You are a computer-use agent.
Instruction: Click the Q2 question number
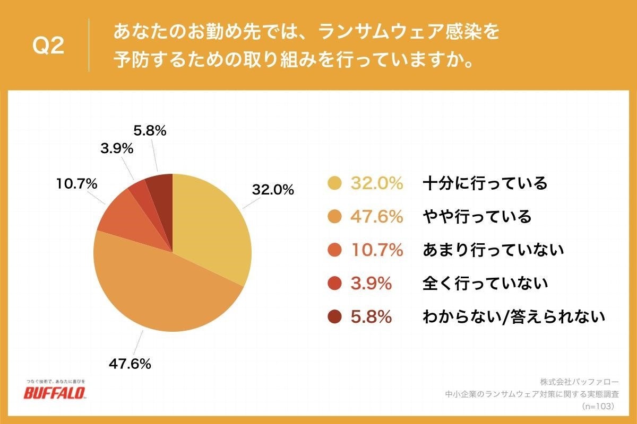tap(48, 47)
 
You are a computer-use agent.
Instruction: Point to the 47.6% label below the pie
tap(130, 364)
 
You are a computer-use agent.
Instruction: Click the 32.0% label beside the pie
tap(272, 190)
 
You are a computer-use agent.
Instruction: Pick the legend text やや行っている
tap(476, 217)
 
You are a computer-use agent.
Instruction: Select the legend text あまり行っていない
tap(493, 250)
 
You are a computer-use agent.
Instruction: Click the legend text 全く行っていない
tap(485, 284)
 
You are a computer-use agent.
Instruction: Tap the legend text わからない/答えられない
tap(513, 317)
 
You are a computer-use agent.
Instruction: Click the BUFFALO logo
tap(55, 393)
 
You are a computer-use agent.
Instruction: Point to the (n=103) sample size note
tap(597, 406)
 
